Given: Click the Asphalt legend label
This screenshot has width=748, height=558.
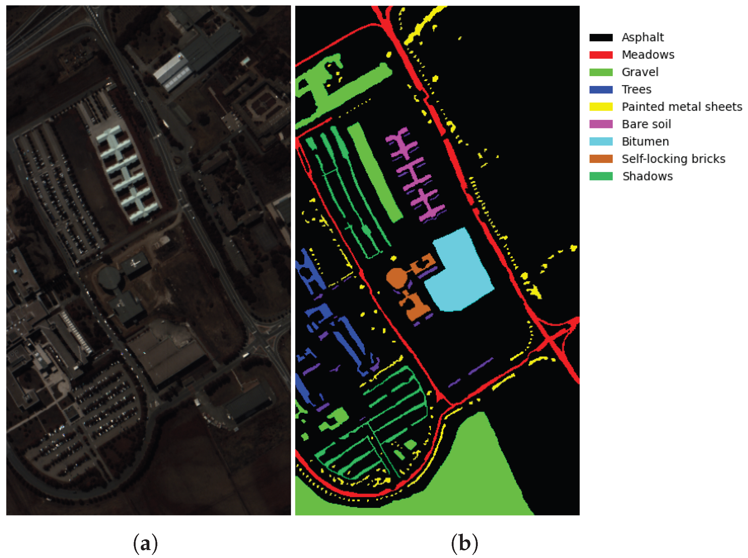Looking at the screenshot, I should pos(642,37).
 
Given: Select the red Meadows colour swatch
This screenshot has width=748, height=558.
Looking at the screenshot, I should pos(601,55).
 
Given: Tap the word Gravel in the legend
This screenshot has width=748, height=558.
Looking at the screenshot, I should pos(640,72).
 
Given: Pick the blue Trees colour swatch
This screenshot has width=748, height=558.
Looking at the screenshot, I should pos(601,90).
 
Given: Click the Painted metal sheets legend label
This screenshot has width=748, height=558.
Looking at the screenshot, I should pos(681,107).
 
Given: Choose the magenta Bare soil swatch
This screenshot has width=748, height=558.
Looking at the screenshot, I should pos(601,124).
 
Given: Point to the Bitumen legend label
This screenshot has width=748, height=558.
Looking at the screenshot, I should pos(645,142).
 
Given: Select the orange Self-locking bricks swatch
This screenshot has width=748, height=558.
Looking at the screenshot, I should pos(601,159).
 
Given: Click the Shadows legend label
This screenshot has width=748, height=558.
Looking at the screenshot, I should pos(648,176).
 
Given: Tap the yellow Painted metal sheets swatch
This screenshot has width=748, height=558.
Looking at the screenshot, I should pos(601,107).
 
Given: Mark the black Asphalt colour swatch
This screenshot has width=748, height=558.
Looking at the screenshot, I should pos(601,38).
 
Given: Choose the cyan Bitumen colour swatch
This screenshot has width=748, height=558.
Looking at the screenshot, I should pos(601,142).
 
